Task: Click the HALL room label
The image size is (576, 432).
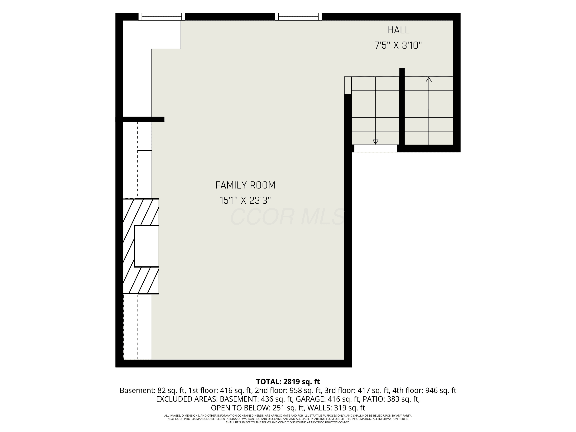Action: (x=398, y=30)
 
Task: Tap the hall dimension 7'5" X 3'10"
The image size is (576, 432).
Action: (x=398, y=46)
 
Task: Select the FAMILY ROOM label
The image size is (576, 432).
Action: (x=245, y=185)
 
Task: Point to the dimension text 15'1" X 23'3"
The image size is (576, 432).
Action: (x=245, y=200)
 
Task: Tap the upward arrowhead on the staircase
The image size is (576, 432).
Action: (x=429, y=79)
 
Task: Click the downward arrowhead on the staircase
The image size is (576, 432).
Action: (x=376, y=142)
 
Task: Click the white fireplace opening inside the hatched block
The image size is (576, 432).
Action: (x=147, y=246)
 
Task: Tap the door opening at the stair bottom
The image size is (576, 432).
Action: (x=376, y=148)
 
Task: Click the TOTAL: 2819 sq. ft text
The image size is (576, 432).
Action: (x=288, y=382)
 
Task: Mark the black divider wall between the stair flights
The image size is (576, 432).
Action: (x=402, y=107)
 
